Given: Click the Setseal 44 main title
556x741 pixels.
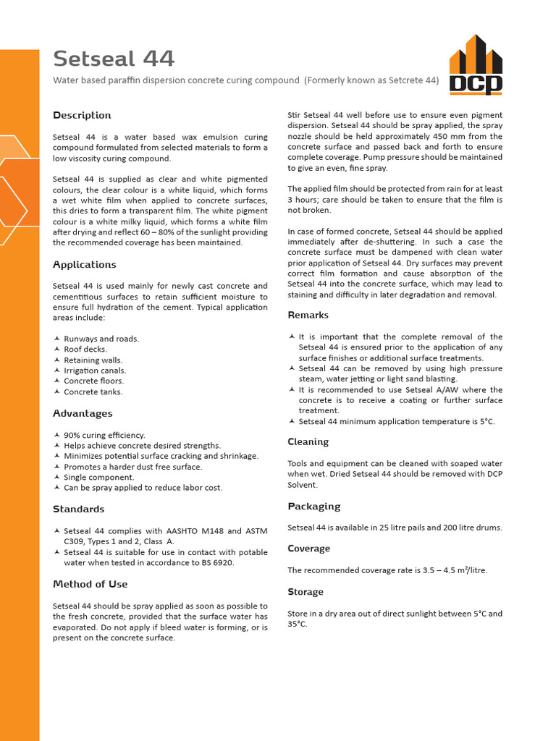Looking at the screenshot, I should pyautogui.click(x=114, y=59).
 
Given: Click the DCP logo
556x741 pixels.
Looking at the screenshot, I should pyautogui.click(x=476, y=65).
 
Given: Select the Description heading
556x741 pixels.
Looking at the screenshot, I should pyautogui.click(x=82, y=116).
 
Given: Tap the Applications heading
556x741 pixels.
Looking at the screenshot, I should pyautogui.click(x=84, y=265).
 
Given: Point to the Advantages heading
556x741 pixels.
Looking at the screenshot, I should pyautogui.click(x=83, y=414).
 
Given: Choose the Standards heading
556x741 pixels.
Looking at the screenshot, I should pyautogui.click(x=78, y=509).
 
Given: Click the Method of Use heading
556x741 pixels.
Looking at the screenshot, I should pyautogui.click(x=90, y=585).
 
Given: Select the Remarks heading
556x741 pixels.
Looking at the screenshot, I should pyautogui.click(x=308, y=316).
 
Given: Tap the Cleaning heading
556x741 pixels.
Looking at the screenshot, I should pyautogui.click(x=308, y=442).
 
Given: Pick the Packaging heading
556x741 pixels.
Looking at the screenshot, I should pyautogui.click(x=313, y=507).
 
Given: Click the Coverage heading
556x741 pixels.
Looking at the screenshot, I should pyautogui.click(x=308, y=549).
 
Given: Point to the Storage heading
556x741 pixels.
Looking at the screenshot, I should pyautogui.click(x=306, y=592).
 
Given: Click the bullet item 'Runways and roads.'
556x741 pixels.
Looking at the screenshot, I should pyautogui.click(x=101, y=339).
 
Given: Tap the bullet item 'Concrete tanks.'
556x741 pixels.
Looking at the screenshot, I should pyautogui.click(x=93, y=392).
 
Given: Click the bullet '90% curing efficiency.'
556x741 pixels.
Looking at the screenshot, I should pyautogui.click(x=104, y=436).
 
